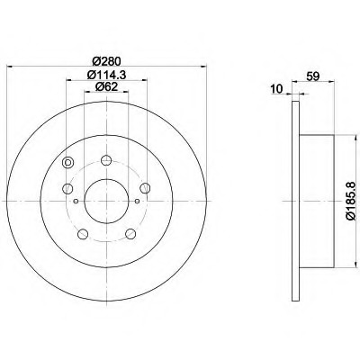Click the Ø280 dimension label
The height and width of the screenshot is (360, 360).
point(106,61)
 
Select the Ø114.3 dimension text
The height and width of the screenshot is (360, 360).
point(106,75)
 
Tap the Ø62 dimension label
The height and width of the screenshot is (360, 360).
point(106,86)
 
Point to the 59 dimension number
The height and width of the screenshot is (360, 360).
point(313,76)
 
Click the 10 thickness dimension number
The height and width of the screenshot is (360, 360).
point(276,89)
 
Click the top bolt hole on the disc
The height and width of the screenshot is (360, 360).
point(106,160)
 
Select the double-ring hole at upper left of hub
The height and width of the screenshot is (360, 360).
point(67,163)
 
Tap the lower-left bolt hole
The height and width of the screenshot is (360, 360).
point(83,234)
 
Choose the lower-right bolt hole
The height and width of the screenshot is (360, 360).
point(130,234)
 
